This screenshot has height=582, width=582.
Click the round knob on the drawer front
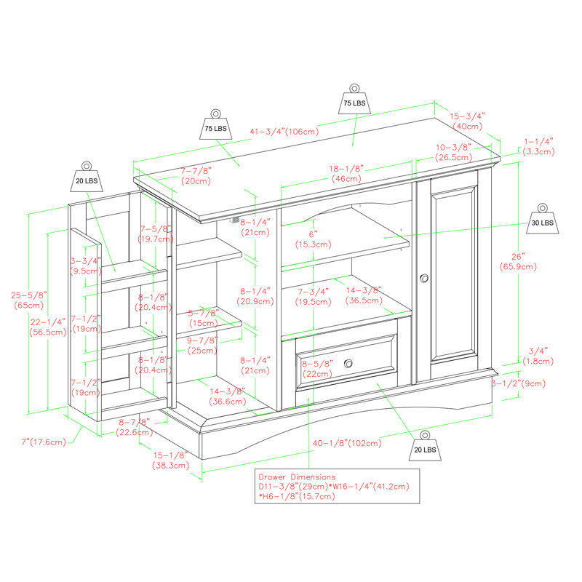tap(348, 364)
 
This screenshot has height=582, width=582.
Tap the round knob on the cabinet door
tap(424, 278)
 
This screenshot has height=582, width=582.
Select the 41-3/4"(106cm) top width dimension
tap(284, 132)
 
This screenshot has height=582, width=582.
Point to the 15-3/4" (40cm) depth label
tap(467, 121)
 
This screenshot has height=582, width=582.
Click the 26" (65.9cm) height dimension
tap(518, 262)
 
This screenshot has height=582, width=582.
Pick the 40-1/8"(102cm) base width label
tap(347, 443)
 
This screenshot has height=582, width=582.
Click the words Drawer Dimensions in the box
tap(297, 477)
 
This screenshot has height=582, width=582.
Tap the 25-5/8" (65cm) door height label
tap(29, 300)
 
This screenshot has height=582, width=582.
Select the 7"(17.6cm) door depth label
tap(44, 442)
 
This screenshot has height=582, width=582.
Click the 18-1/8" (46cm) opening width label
tap(346, 174)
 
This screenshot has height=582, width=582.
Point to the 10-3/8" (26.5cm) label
tap(453, 152)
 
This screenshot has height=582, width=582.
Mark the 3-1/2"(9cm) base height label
tap(519, 383)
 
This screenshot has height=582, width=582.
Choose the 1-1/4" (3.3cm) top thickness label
tap(538, 146)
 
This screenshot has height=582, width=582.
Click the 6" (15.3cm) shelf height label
tap(314, 239)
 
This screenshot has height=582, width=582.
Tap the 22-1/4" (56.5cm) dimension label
tap(48, 327)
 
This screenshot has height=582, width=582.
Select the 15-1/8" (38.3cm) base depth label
tap(170, 460)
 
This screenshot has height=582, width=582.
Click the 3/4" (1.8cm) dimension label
tap(538, 356)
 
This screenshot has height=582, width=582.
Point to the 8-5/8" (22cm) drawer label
tap(317, 369)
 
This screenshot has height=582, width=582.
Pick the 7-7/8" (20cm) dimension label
tap(196, 176)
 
